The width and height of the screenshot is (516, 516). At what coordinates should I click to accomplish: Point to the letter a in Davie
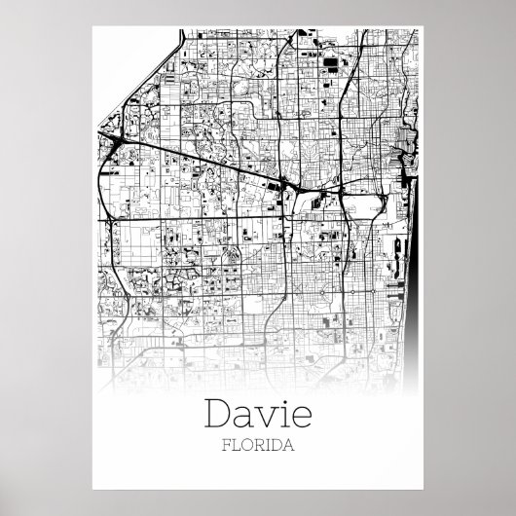pyautogui.click(x=247, y=418)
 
